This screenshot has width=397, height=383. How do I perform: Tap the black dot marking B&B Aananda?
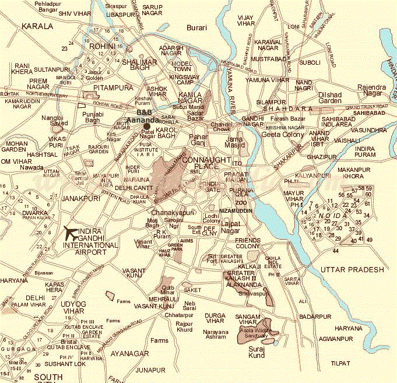point(147,126)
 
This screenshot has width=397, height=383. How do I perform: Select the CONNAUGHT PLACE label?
point(202,164)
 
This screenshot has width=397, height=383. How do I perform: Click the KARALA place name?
point(37,26)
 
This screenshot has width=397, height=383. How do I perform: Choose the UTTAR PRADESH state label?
point(352,269)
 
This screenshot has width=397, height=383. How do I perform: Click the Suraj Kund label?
point(256,351)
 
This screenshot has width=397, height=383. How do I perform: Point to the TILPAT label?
point(340,363)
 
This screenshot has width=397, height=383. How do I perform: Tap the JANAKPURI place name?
point(78,199)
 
